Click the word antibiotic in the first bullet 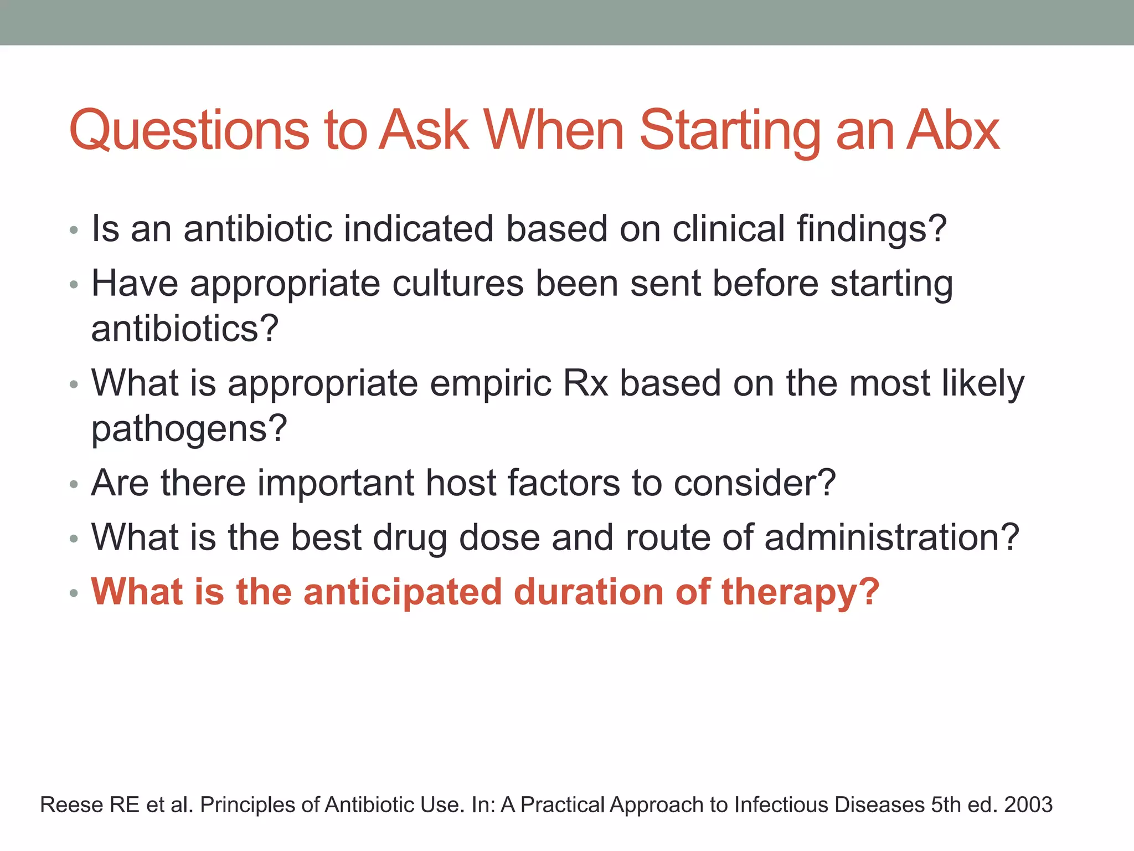[258, 229]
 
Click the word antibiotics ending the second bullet [184, 328]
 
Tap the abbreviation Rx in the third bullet [585, 383]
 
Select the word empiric [491, 384]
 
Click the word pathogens [189, 429]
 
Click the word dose [499, 537]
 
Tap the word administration [891, 537]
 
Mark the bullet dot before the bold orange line [74, 593]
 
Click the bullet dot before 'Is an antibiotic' [74, 229]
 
